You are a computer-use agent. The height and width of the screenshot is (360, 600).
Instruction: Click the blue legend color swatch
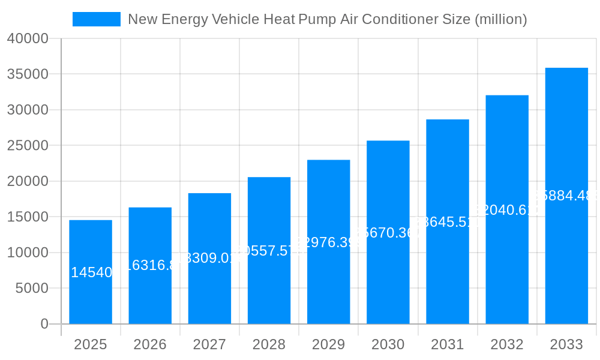click(96, 19)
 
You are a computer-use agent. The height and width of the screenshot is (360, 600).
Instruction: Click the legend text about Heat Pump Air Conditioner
click(328, 19)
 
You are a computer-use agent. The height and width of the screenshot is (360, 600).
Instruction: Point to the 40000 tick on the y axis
click(28, 38)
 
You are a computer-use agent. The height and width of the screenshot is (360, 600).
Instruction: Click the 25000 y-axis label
click(28, 145)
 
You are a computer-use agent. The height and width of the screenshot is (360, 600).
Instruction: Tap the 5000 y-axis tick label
click(31, 288)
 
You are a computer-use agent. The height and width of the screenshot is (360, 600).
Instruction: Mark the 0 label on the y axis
click(44, 324)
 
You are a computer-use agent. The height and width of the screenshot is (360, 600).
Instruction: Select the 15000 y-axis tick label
click(28, 217)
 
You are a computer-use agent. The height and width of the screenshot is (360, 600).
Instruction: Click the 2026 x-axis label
click(150, 344)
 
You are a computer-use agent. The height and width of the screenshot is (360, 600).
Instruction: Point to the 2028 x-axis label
click(269, 344)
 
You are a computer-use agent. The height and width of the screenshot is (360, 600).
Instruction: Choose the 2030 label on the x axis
click(388, 344)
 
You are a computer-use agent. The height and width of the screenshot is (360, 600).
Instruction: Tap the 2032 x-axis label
click(507, 344)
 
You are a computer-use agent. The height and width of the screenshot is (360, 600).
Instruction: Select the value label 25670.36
click(388, 232)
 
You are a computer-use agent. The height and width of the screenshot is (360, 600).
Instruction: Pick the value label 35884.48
click(566, 195)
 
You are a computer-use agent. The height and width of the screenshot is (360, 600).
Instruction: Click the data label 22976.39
click(328, 242)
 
